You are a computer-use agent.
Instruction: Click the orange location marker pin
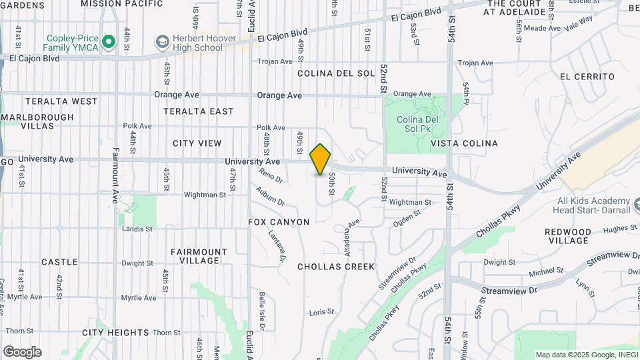321,159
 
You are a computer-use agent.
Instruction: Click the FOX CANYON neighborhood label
279,222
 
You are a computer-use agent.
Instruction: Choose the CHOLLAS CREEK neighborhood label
336,267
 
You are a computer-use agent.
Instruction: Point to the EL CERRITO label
587,77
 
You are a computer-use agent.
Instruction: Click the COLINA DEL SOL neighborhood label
336,73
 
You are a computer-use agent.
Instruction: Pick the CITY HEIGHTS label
115,332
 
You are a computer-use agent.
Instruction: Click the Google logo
22,352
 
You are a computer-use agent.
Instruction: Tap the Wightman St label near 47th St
204,195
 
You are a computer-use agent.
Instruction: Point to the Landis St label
137,228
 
